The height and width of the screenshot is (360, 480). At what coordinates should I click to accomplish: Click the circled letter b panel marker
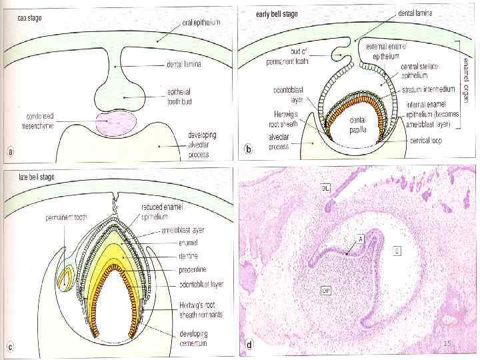coord(249,149)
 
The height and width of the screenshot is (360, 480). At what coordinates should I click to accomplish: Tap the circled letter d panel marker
coord(249,345)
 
